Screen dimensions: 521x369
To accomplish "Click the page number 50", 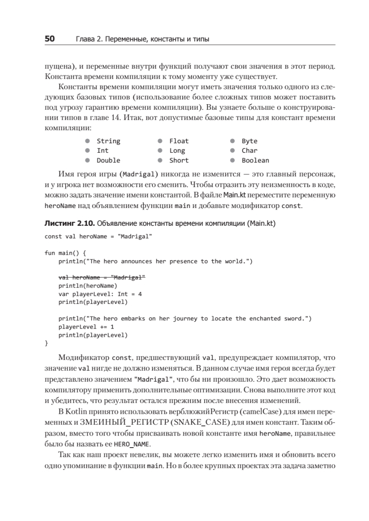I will click(x=50, y=40).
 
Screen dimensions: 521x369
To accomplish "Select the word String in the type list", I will click(x=108, y=141).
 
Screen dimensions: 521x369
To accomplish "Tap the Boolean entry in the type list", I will click(x=255, y=160).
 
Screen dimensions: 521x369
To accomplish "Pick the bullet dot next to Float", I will click(x=160, y=141).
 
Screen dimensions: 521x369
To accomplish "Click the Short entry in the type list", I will click(x=179, y=160).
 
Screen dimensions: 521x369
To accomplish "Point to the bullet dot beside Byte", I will click(x=233, y=141).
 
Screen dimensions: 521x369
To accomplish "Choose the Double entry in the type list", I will click(x=108, y=160).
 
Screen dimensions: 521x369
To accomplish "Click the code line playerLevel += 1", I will click(x=86, y=326).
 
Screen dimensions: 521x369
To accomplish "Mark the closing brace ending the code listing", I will click(x=47, y=343).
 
